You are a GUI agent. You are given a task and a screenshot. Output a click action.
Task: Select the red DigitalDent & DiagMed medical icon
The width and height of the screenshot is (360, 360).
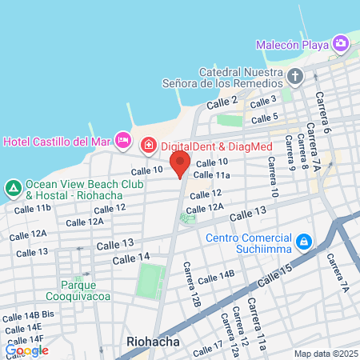coord(147,145)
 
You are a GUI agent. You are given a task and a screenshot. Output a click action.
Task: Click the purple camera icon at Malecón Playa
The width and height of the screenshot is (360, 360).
coord(341,42)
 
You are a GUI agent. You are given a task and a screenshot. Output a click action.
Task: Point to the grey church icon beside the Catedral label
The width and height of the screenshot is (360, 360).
coord(295,77)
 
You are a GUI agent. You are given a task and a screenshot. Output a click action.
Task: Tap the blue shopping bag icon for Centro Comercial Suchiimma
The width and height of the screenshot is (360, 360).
coord(303,241)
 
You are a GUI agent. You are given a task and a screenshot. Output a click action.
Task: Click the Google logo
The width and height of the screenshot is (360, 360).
coord(26,350)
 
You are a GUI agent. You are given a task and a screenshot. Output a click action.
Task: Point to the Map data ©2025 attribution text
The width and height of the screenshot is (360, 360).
coord(324,354)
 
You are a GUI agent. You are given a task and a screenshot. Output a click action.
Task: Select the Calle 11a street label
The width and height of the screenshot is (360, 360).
coord(212,175)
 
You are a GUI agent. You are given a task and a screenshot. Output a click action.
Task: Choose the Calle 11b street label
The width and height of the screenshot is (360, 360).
coord(32,208)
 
